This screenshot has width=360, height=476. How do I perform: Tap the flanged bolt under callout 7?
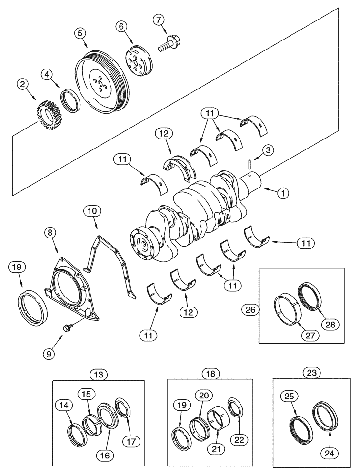168,45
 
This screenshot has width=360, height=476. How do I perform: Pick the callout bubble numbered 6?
121,28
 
